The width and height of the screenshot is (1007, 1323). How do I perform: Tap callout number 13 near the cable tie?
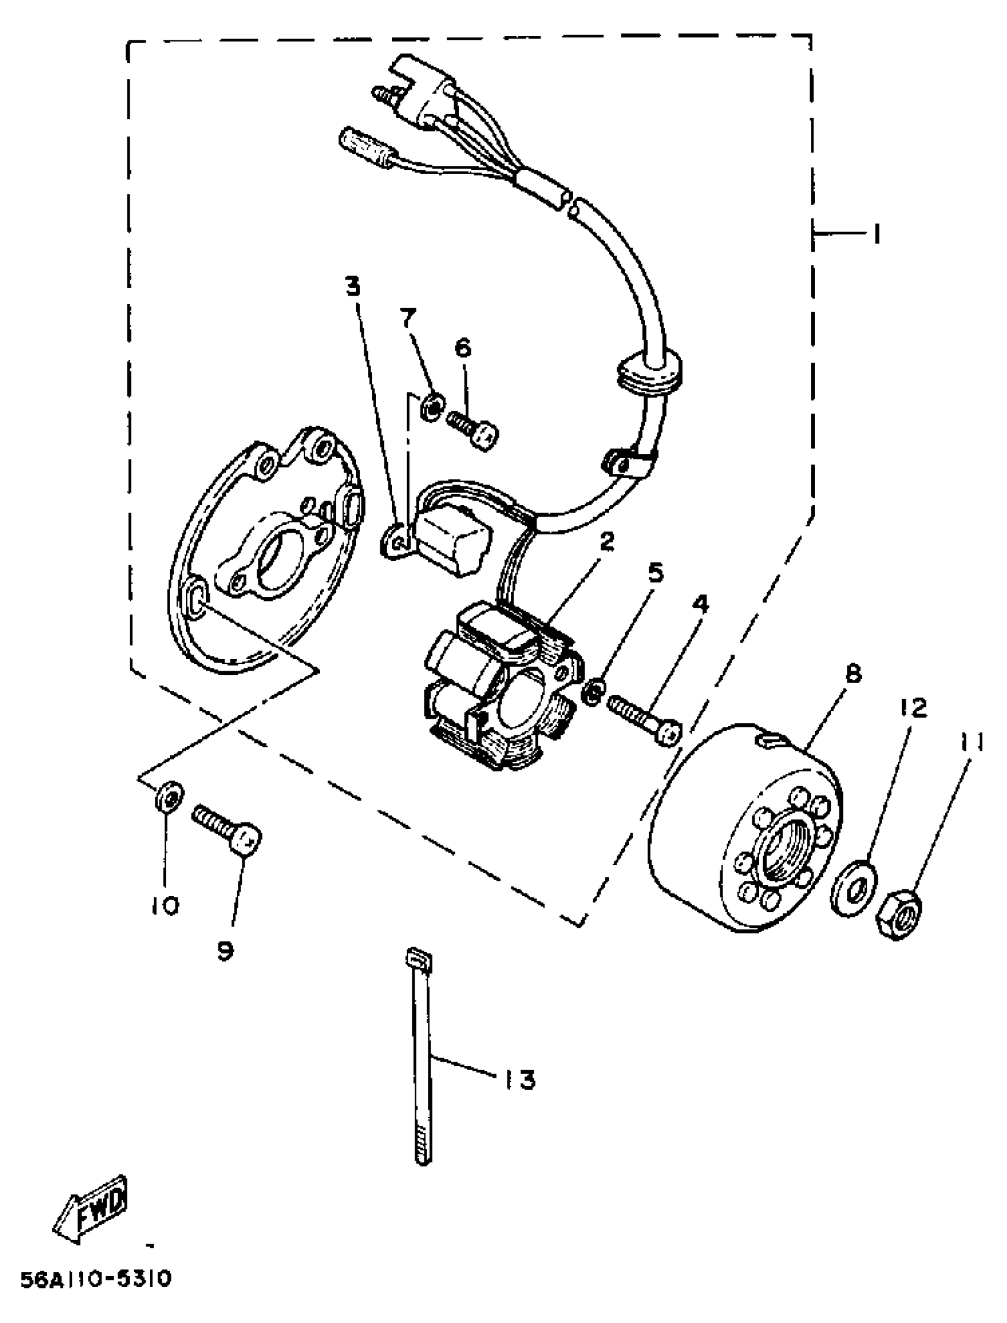519,1080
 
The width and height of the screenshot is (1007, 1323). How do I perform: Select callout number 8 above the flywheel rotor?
854,674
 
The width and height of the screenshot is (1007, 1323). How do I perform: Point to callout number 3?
354,288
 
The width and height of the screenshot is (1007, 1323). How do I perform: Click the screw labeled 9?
229,829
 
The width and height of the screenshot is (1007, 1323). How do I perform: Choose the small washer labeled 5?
592,694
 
